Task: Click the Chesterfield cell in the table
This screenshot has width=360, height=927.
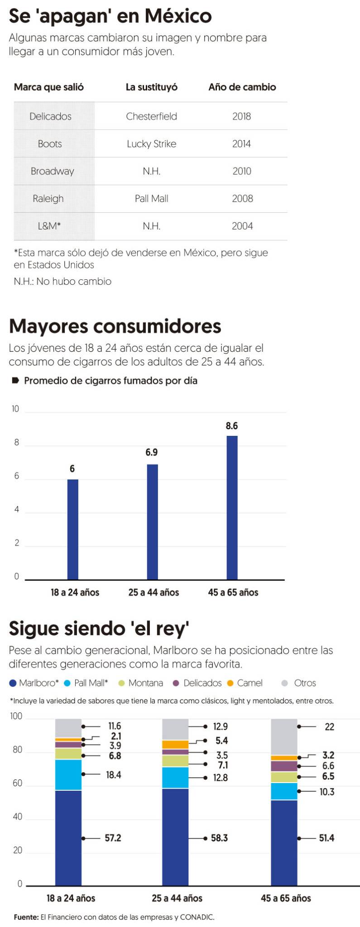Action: pos(151,116)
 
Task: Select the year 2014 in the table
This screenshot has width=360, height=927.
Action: pos(241,144)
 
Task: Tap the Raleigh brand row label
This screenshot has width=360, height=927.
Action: pos(48,199)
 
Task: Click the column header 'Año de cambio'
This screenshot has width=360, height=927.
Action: pos(242,87)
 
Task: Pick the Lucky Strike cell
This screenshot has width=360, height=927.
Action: pos(151,144)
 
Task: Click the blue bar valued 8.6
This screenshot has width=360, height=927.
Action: pos(232,507)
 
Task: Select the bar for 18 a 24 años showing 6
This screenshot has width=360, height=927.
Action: pos(72,530)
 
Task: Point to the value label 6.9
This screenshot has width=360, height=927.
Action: pos(151,452)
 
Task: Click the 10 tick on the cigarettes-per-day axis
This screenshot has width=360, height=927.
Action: pos(15,409)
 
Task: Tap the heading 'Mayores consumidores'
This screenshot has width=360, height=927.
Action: pos(115,326)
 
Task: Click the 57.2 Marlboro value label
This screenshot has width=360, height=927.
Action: pos(113,838)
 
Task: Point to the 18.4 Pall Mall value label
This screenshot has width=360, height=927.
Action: pos(113,775)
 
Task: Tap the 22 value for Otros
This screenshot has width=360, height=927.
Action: pos(329,727)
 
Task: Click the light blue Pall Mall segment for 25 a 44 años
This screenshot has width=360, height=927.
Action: pos(175,778)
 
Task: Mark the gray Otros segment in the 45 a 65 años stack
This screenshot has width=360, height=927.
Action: pos(284,737)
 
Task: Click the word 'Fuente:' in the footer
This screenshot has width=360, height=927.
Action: pos(26,917)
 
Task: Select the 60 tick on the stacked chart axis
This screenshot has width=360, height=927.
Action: pos(17,783)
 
